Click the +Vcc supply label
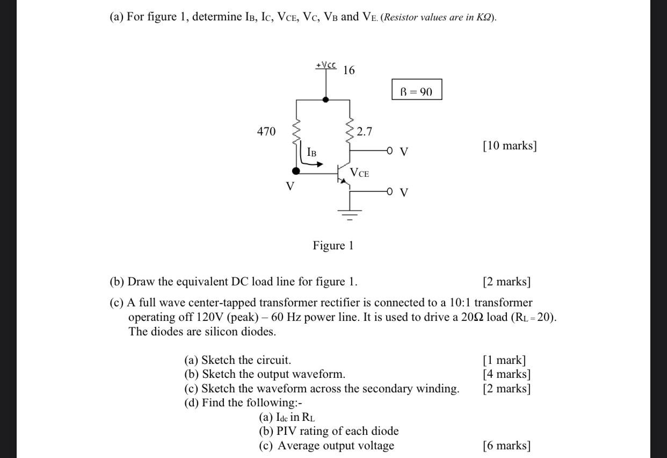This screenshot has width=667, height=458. [x=325, y=65]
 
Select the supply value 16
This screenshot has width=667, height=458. [x=349, y=70]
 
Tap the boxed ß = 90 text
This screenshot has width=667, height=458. [x=416, y=91]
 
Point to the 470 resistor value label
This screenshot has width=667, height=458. [x=266, y=131]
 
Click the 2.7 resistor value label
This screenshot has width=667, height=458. [x=364, y=131]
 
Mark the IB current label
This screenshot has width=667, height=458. [x=311, y=152]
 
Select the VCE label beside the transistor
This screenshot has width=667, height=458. [x=359, y=173]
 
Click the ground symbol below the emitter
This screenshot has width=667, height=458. [x=350, y=213]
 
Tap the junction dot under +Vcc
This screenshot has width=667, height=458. [x=325, y=99]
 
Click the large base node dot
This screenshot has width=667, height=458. [x=296, y=171]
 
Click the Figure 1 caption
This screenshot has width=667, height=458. [x=333, y=246]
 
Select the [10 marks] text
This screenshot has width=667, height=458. [x=509, y=145]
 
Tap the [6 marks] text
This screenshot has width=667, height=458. [x=506, y=445]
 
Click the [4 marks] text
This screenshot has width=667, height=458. [x=506, y=374]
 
